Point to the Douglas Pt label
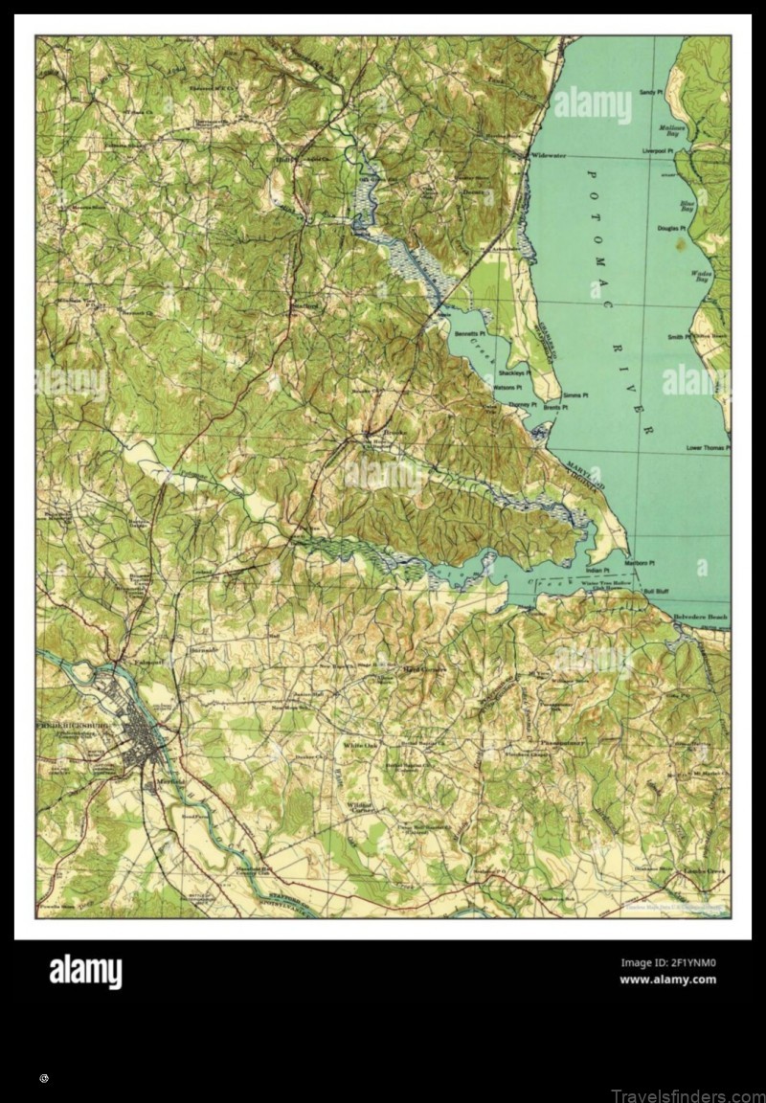(x=671, y=228)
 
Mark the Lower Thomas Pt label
(x=708, y=447)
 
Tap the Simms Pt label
(x=575, y=394)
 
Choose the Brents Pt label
(x=555, y=408)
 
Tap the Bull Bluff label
(x=656, y=591)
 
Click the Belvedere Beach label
(x=699, y=618)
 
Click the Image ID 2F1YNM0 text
(x=667, y=963)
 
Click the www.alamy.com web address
(x=667, y=979)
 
